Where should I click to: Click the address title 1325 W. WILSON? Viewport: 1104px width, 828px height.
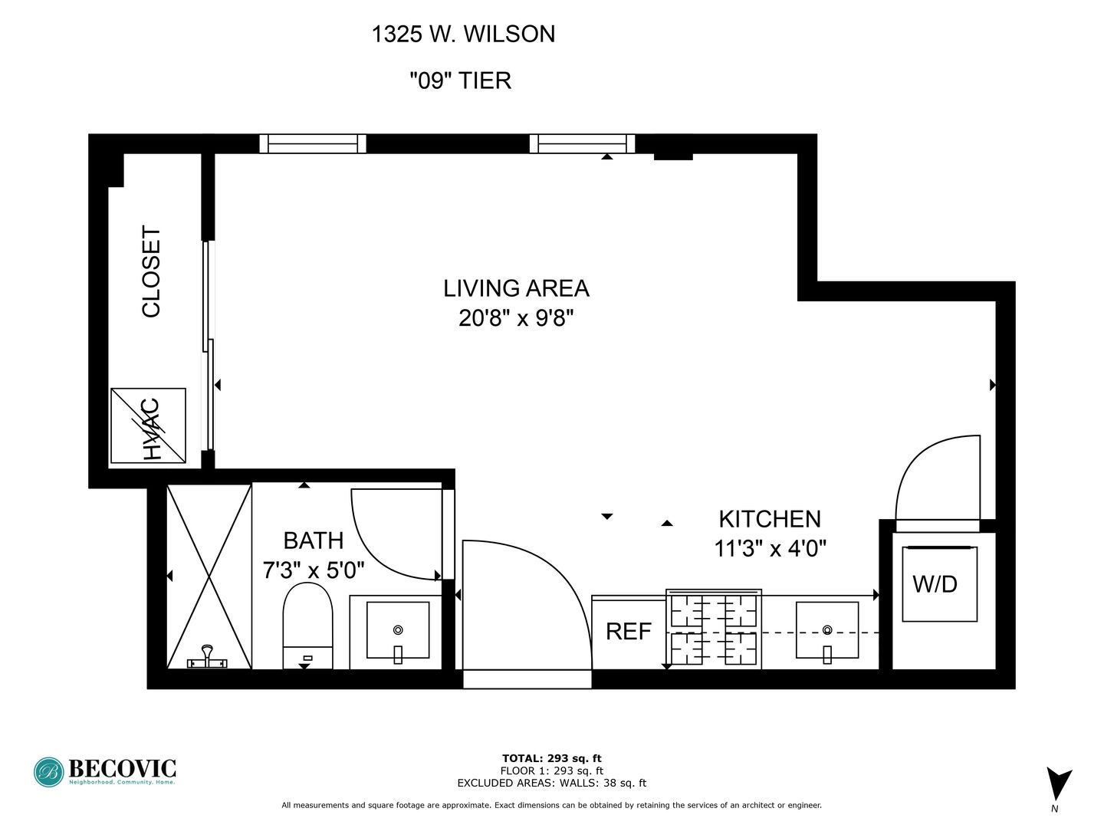point(463,34)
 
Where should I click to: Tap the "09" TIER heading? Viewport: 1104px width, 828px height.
point(460,80)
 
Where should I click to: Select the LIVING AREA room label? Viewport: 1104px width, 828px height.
point(516,288)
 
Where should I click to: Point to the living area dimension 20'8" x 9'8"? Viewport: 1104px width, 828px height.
point(516,317)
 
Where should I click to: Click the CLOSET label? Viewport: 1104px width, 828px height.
point(152,271)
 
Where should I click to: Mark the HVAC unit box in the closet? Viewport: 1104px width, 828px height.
point(149,426)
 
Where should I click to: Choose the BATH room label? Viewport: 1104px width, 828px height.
point(313,540)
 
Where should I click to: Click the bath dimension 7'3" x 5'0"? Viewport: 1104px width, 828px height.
point(313,570)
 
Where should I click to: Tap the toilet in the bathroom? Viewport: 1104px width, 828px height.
point(307,625)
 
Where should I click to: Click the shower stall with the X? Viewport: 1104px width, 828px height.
point(209,576)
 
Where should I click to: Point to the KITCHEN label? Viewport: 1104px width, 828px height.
point(769,519)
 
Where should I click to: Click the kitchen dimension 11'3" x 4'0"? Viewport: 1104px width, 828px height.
point(770,549)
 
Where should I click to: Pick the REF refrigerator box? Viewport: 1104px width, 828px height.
point(628,632)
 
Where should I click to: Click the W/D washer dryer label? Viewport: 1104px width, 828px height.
point(935,584)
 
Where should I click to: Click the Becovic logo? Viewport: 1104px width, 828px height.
point(105,771)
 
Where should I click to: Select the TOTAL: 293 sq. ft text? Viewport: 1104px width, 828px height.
point(551,758)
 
